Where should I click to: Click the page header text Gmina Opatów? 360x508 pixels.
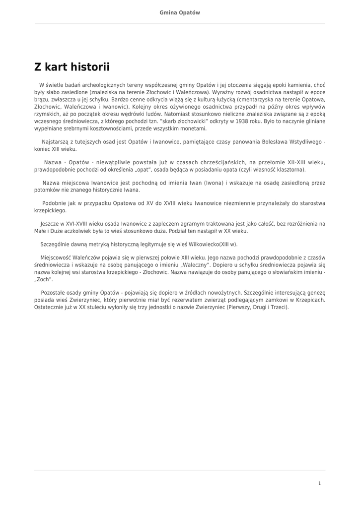(x=180, y=12)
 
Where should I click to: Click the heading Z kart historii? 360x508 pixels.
(x=72, y=67)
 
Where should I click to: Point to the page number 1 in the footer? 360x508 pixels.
(x=320, y=483)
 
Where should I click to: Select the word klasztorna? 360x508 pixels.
(x=288, y=169)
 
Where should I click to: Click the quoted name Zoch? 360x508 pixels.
(x=44, y=279)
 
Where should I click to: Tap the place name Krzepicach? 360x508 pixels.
(x=309, y=300)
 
